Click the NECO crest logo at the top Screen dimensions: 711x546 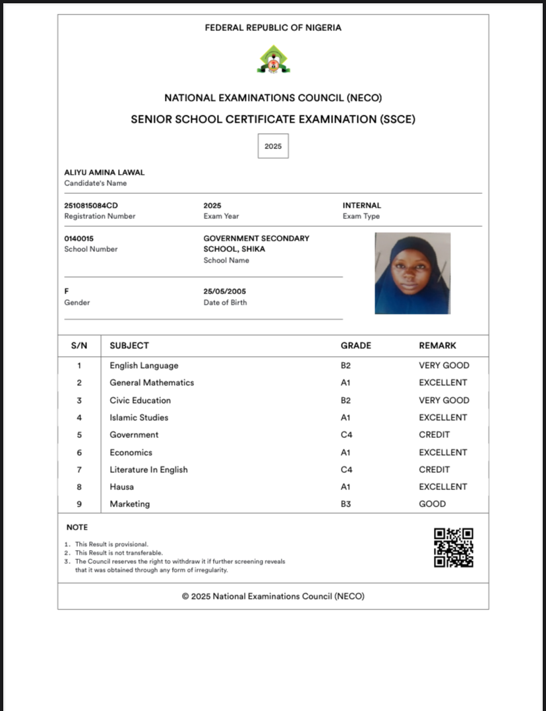click(x=273, y=59)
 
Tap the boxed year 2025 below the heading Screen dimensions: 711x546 click(x=273, y=146)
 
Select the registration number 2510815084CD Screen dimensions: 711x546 click(x=91, y=206)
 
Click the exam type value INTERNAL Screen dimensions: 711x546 click(x=361, y=206)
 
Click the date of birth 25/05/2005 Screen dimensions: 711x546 click(x=225, y=292)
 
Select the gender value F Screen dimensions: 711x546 click(x=67, y=292)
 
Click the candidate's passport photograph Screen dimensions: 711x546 click(x=412, y=273)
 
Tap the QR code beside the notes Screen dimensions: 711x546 click(x=454, y=547)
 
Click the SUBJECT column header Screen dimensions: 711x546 click(x=129, y=346)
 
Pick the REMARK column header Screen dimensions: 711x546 click(x=437, y=346)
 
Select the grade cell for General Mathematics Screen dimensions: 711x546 click(x=346, y=383)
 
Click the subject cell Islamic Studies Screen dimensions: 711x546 click(x=139, y=417)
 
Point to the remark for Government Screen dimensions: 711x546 click(x=434, y=435)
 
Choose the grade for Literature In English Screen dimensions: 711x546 click(x=346, y=470)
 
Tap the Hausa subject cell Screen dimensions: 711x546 click(x=122, y=487)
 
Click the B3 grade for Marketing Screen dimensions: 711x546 click(x=346, y=504)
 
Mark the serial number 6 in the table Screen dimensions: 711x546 click(x=79, y=452)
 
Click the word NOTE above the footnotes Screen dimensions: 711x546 click(x=77, y=528)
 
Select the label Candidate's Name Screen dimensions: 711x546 click(x=95, y=183)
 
